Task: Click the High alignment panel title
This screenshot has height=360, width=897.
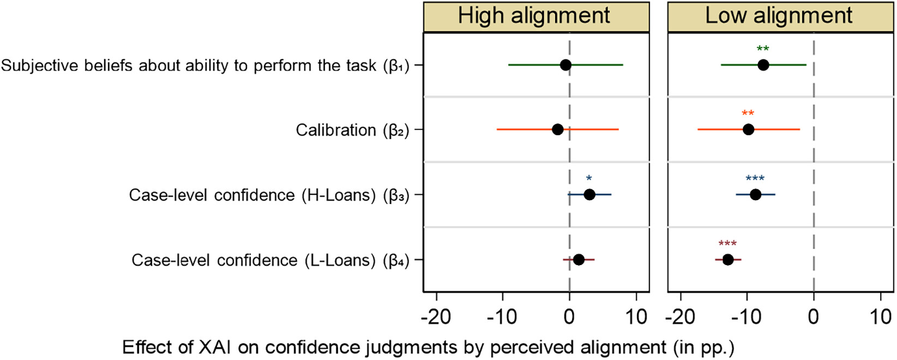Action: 534,16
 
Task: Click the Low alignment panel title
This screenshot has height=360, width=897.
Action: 779,16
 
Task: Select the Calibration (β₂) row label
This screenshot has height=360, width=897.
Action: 352,130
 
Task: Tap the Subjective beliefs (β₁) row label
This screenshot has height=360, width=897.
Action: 205,65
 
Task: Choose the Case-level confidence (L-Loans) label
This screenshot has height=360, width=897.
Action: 270,260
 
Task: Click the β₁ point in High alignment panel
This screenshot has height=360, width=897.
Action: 565,65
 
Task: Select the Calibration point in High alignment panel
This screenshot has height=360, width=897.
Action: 557,129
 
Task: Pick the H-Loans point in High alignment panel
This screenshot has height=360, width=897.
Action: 589,195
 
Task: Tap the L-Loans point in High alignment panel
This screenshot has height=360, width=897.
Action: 579,260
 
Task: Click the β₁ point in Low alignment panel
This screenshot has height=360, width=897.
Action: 763,65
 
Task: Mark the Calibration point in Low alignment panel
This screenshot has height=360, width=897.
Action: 748,129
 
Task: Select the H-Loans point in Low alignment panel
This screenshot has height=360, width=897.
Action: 755,195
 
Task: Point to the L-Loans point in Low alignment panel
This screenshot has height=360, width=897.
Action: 728,260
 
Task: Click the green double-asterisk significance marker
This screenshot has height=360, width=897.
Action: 763,49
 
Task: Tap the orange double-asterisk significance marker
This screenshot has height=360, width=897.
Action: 748,113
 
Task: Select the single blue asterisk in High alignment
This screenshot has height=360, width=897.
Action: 589,178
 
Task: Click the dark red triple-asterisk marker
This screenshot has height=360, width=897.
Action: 727,243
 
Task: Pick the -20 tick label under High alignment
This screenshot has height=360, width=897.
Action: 436,317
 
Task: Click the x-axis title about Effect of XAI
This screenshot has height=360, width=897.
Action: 428,347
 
